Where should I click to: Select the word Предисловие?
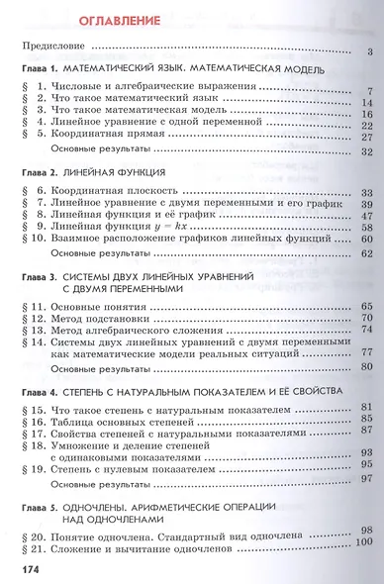(x=55, y=48)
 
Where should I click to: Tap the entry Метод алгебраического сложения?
(x=138, y=339)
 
